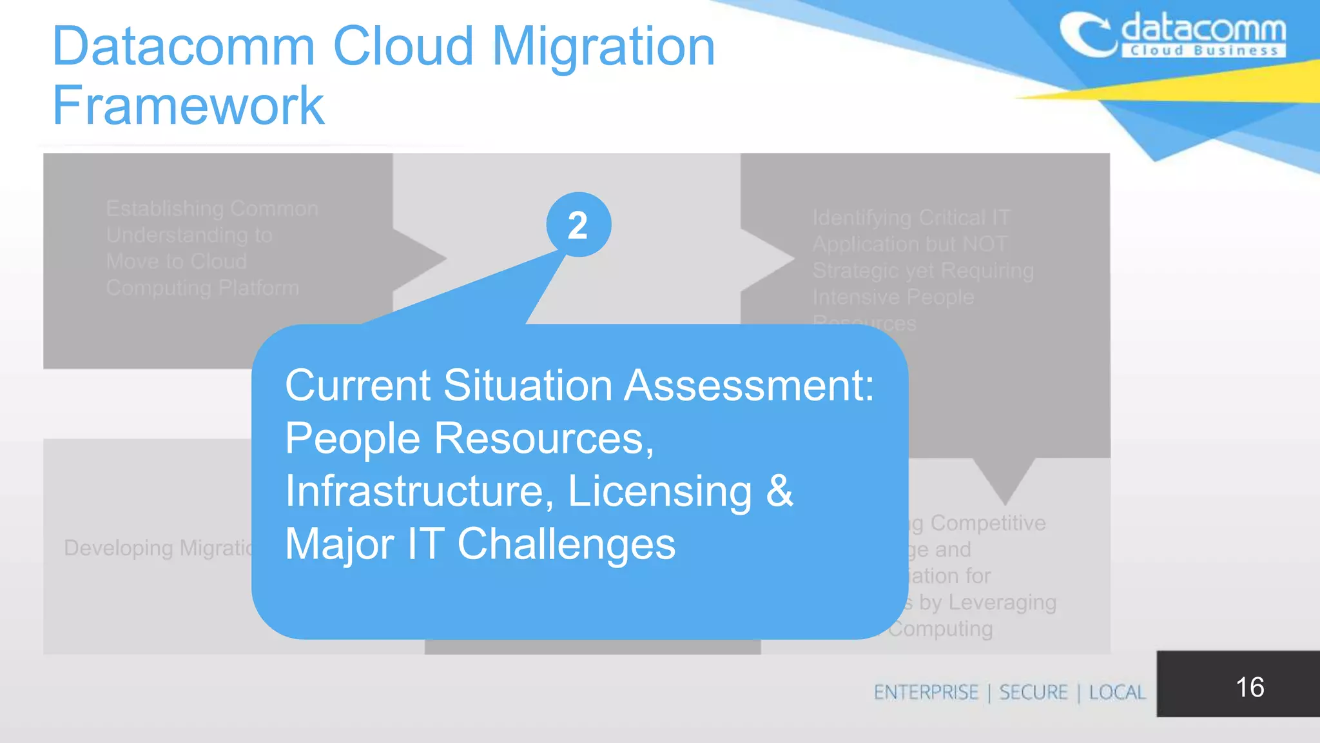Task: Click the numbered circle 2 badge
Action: (x=578, y=225)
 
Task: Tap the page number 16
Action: (x=1249, y=687)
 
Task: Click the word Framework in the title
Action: (x=188, y=106)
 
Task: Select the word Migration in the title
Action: (x=603, y=46)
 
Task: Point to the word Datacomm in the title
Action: (x=184, y=46)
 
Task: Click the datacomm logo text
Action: (x=1203, y=29)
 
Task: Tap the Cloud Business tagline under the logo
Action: (x=1203, y=51)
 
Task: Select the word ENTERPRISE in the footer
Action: (x=926, y=692)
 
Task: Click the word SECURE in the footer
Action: (x=1033, y=692)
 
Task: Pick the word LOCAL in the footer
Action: (x=1117, y=692)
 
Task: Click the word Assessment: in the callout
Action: (x=749, y=386)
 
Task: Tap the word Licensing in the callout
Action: (x=659, y=491)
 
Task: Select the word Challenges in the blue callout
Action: (x=566, y=544)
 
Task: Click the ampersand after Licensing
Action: (x=779, y=491)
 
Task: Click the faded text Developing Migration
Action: (x=158, y=548)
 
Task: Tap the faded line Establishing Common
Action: (x=212, y=209)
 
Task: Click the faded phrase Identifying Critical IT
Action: (x=911, y=218)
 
